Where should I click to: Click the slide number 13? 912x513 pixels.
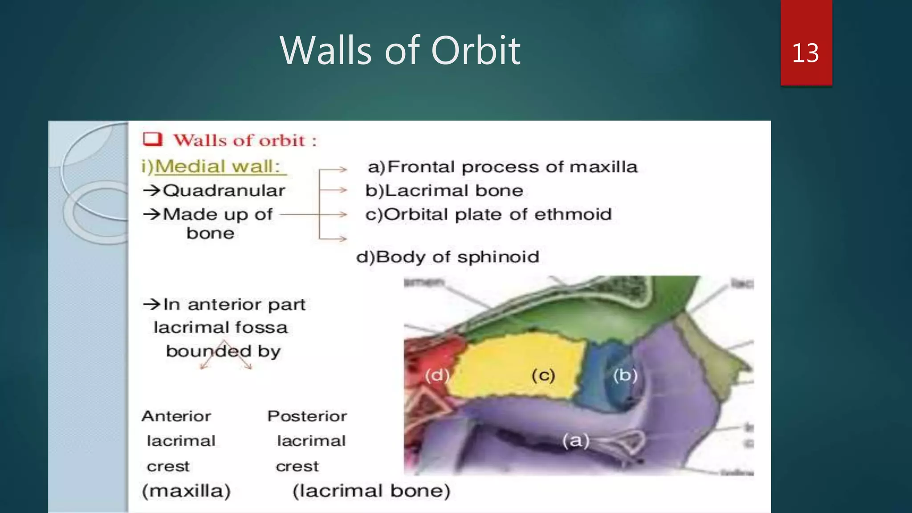coord(805,53)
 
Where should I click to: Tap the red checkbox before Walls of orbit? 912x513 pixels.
coord(152,139)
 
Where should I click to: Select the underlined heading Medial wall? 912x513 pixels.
coord(217,167)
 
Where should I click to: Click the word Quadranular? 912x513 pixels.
coord(224,191)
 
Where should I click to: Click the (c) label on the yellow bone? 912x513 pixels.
coord(543,375)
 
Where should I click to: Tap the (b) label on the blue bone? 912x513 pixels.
coord(625,375)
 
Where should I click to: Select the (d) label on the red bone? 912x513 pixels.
coord(436,375)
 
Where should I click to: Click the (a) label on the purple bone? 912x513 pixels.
coord(575,441)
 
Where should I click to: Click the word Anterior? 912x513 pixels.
coord(176,416)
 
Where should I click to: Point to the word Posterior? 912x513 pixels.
coord(307,416)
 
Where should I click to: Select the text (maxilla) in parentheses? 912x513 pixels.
coord(186,491)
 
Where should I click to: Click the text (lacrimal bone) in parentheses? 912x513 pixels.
coord(371,491)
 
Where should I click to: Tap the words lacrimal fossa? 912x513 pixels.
coord(220,328)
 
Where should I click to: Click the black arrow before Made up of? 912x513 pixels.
coord(151,214)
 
